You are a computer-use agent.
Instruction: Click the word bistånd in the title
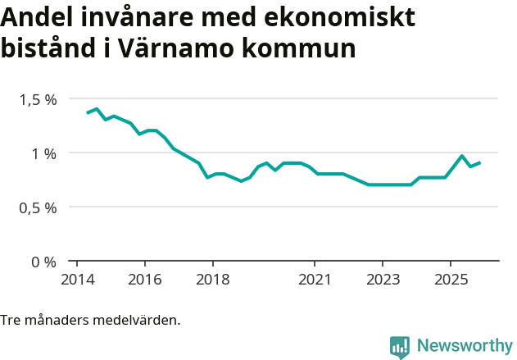point(49,48)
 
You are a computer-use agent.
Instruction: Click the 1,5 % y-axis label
point(39,99)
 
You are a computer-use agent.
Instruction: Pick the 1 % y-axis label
point(44,153)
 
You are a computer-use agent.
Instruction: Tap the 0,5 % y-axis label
point(39,207)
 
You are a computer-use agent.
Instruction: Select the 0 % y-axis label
point(44,262)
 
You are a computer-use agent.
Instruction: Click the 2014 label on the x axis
point(76,279)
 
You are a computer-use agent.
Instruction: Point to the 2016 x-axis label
point(144,279)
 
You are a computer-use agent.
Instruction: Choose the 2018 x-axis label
point(212,279)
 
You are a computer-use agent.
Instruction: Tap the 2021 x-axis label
point(315,279)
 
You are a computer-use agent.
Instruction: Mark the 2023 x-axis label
point(383,279)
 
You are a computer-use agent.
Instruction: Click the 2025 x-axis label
point(451,279)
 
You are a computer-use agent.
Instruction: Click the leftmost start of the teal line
point(88,112)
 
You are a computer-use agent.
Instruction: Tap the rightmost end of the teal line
point(479,162)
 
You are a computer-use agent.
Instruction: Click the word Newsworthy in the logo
point(465,345)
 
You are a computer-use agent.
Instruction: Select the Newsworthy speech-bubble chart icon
point(400,347)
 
